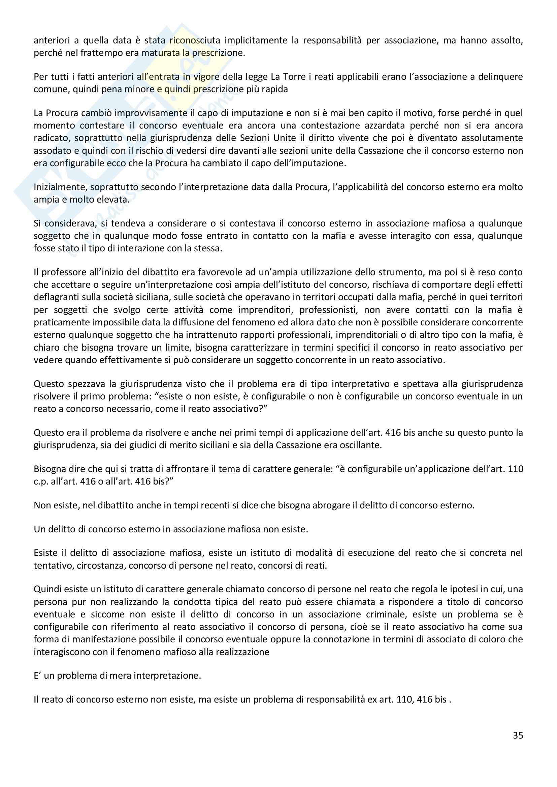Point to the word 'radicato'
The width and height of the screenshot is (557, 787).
[x=52, y=138]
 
